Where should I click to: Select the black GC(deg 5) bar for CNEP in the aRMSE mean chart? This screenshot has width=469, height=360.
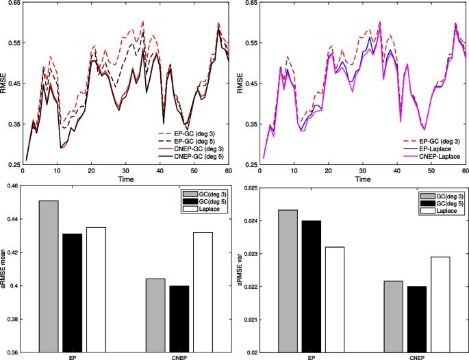click(x=179, y=319)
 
